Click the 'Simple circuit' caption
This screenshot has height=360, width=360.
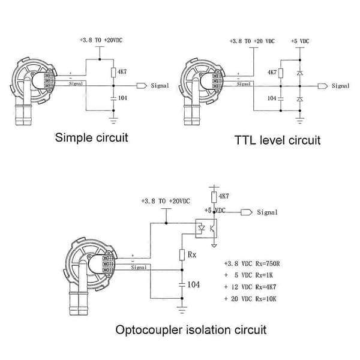91,138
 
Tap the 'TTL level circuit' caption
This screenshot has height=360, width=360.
277,140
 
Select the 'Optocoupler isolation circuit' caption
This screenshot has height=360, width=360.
191,330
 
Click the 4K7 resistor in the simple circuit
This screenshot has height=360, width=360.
113,73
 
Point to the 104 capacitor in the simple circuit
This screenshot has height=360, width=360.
113,98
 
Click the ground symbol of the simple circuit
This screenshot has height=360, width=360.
113,121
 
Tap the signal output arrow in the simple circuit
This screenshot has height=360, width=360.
142,86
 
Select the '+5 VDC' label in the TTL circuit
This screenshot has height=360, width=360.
300,41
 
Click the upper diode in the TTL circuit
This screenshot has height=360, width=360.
300,73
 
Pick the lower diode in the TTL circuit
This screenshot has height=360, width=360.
300,99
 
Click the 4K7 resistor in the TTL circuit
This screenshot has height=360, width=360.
281,73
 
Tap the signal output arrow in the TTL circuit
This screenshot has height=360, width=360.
323,86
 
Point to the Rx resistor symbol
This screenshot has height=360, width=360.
182,254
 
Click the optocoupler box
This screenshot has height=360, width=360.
206,229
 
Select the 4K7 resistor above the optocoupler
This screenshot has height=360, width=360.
214,197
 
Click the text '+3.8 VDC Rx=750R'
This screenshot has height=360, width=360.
252,263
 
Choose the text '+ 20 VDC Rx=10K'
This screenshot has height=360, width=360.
250,299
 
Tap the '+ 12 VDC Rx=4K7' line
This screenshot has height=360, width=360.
250,287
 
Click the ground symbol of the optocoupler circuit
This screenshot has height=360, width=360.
182,310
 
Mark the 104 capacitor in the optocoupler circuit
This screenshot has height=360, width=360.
182,284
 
